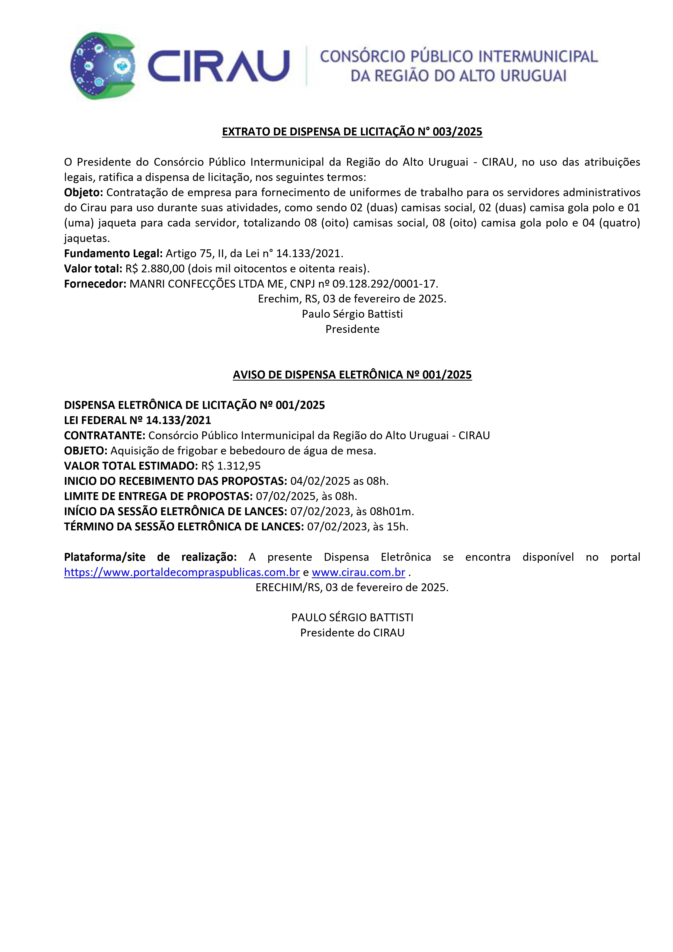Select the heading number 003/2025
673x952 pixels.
457,132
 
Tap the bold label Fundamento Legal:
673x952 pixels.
113,253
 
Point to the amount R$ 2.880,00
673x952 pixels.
155,269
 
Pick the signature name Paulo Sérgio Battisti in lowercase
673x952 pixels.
352,314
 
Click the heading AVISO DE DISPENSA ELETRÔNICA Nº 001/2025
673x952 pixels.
352,375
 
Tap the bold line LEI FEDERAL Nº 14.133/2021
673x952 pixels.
137,421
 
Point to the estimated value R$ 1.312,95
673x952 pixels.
231,466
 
